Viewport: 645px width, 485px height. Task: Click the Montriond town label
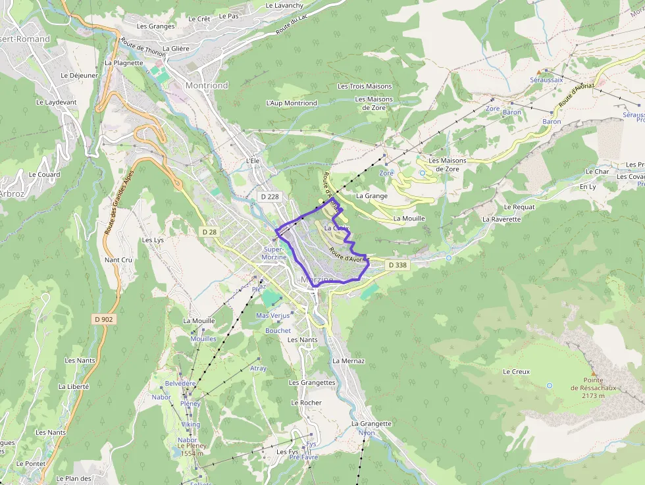click(207, 86)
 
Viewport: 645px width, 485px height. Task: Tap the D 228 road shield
click(270, 196)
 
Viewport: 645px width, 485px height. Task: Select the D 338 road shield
click(397, 265)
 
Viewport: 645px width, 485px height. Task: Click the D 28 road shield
click(209, 232)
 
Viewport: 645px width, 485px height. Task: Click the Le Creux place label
click(516, 372)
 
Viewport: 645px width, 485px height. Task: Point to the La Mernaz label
click(348, 361)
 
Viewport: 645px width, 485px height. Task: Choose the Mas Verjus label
click(272, 316)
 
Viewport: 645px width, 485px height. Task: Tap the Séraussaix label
click(546, 80)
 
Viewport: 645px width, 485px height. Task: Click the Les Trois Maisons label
click(365, 86)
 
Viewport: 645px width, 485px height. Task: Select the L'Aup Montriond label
click(292, 103)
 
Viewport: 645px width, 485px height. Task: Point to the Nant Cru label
click(118, 260)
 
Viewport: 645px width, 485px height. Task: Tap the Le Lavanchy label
click(284, 5)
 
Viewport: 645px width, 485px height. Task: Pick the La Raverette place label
click(502, 219)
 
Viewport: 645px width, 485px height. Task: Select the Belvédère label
click(180, 383)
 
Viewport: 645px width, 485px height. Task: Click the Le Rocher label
click(307, 403)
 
